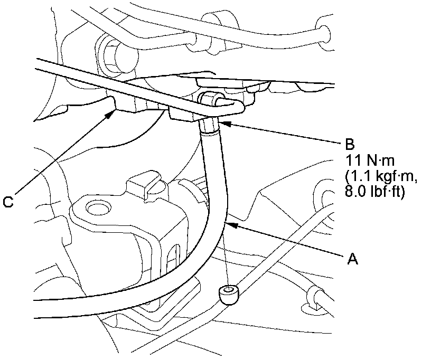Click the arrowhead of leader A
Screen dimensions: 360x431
click(x=229, y=223)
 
